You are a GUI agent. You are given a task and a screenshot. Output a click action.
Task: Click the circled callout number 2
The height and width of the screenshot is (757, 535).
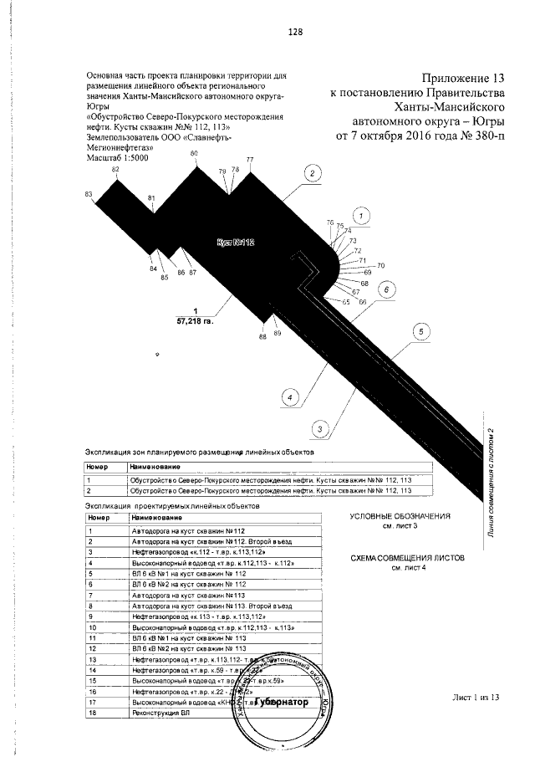(x=310, y=174)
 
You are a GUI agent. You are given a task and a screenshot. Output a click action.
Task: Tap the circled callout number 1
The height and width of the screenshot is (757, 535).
(x=360, y=216)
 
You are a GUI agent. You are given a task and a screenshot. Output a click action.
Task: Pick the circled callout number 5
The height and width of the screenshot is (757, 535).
(x=422, y=332)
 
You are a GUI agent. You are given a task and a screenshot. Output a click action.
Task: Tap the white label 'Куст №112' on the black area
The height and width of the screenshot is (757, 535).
(x=235, y=243)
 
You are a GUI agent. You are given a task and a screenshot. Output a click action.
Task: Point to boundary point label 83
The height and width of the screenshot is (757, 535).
(x=89, y=194)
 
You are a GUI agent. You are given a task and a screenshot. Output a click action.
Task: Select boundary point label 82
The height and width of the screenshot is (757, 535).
(x=116, y=169)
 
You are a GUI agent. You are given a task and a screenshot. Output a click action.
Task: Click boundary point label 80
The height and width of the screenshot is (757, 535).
(x=195, y=154)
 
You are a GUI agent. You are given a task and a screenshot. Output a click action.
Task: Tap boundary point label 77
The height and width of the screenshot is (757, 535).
(x=249, y=160)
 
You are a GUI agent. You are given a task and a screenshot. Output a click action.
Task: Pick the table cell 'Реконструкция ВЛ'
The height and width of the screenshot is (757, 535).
(x=155, y=714)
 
